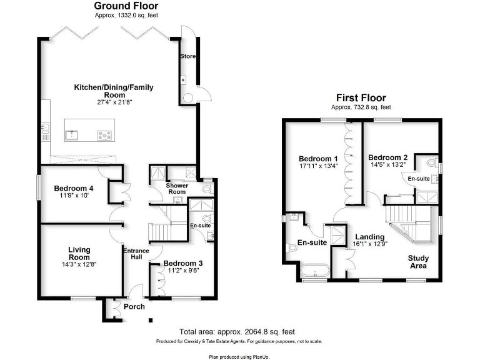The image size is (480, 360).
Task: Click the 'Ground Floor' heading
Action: click(122, 6)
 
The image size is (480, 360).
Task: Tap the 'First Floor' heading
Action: click(361, 97)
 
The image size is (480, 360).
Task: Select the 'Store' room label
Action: click(187, 57)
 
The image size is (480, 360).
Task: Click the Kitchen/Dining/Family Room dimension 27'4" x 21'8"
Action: click(114, 102)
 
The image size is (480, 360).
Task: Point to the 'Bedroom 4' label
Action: click(74, 189)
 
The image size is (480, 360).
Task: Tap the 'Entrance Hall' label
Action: click(136, 254)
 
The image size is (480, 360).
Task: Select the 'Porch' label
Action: click(134, 306)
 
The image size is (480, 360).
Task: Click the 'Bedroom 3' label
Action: click(183, 263)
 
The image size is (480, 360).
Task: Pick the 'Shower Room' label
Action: click(177, 189)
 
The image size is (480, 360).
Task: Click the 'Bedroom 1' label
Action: click(318, 158)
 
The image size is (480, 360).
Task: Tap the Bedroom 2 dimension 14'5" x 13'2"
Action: click(387, 165)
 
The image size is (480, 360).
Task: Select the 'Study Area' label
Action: click(417, 262)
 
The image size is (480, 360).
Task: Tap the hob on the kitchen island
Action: click(104, 134)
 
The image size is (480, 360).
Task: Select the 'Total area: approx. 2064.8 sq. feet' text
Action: click(237, 332)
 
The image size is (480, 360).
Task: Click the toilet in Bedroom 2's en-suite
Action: click(431, 163)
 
